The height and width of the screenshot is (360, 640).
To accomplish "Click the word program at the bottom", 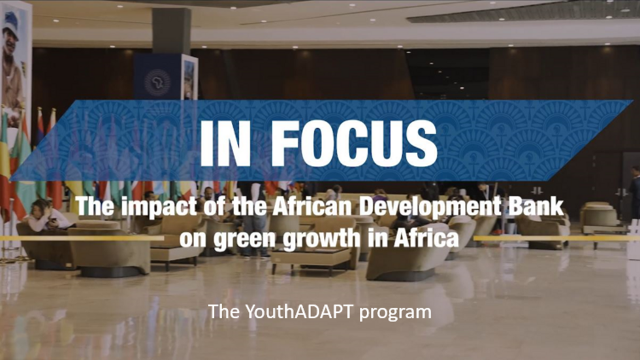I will click(x=399, y=313).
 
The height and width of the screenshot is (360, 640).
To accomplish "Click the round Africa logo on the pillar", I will click(x=157, y=82).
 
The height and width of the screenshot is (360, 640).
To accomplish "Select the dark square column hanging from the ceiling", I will click(x=172, y=29).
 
